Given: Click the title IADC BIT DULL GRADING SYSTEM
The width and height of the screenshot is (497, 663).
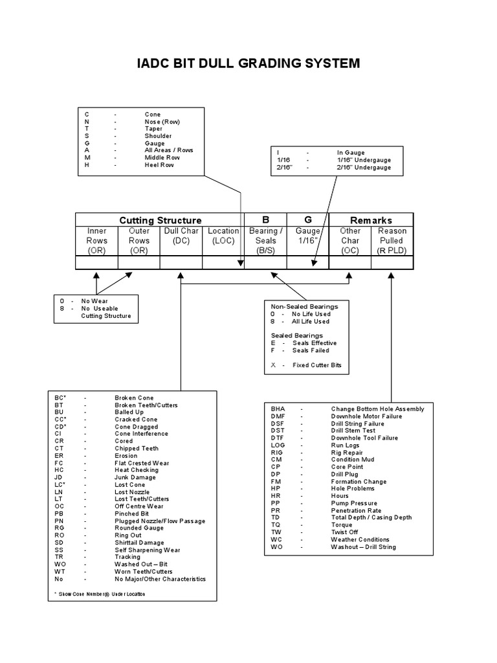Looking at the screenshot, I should [248, 63].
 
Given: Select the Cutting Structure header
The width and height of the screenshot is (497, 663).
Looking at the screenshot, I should [160, 220].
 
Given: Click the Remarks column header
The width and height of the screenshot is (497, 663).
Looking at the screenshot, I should [371, 220].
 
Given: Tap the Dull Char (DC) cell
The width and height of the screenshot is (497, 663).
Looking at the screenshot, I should [181, 240].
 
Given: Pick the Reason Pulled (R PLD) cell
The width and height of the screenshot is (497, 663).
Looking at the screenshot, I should [392, 240].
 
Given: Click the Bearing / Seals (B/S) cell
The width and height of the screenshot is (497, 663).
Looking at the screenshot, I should [265, 240].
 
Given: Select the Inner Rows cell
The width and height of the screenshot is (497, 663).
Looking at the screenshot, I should [96, 240].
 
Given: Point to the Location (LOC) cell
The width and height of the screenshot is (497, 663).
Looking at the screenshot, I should [223, 240].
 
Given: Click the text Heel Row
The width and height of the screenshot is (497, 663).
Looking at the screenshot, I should [159, 165].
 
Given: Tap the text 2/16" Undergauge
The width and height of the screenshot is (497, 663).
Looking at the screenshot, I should [364, 168].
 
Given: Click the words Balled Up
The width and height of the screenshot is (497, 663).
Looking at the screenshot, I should [130, 412].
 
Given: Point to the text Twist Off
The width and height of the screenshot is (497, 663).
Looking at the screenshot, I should [346, 532].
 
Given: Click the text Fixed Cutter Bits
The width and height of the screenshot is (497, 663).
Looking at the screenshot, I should [316, 365].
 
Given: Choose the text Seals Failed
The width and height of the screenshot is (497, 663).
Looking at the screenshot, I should [310, 350].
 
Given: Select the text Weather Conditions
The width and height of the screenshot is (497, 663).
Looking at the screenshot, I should [360, 539].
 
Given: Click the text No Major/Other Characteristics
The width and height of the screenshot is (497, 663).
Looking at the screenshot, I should [160, 579].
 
